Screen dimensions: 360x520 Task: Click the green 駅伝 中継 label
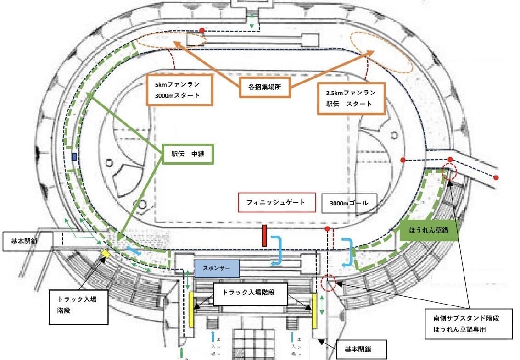point(189,155)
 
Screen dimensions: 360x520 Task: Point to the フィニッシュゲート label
point(277,202)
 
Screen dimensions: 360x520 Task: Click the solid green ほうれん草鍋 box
point(429,231)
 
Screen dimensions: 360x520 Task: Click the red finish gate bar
point(264,236)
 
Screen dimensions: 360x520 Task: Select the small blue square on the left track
point(74,157)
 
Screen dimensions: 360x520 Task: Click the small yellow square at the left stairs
point(106,253)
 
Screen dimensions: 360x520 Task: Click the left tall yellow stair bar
point(191,310)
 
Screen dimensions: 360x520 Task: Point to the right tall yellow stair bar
point(315,310)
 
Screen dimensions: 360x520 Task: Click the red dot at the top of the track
point(202,30)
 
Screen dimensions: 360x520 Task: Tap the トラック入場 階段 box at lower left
point(78,307)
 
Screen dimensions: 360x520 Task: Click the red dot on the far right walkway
point(496,177)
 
